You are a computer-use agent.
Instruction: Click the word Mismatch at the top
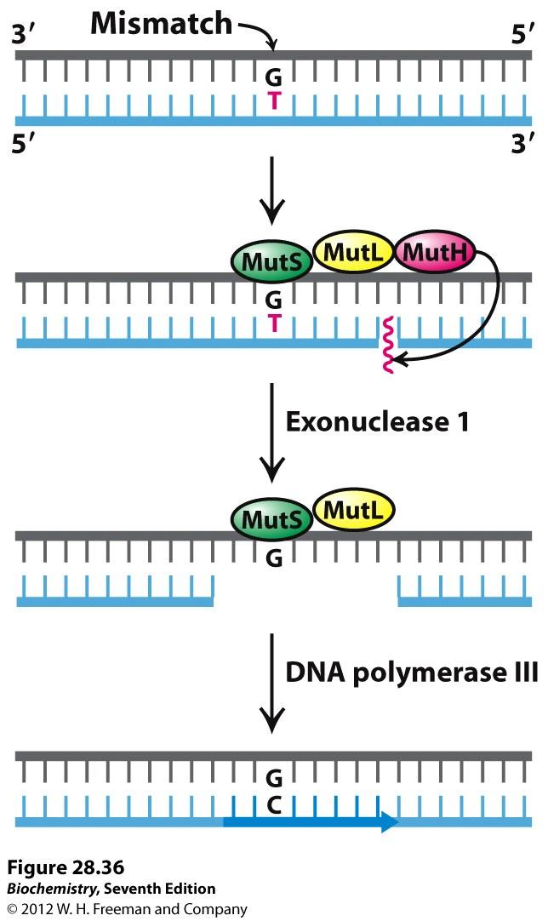coord(162,24)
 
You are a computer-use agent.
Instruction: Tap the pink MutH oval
coord(435,253)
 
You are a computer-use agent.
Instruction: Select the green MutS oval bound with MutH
coord(272,261)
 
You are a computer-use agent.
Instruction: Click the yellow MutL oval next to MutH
coord(353,252)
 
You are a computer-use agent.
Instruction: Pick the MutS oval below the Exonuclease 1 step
coord(272,519)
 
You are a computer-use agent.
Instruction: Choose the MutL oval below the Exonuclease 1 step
coord(353,510)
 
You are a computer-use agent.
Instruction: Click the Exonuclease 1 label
coord(377,422)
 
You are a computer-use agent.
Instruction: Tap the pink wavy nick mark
coord(388,346)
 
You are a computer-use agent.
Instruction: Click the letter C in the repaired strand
coord(274,806)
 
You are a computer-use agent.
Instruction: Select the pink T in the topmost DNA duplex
coord(274,101)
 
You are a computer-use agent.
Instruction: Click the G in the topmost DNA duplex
coord(274,77)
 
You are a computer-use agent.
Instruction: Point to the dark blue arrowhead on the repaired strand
coord(390,821)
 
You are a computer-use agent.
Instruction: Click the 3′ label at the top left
coord(24,35)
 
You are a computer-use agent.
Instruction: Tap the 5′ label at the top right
coord(523,35)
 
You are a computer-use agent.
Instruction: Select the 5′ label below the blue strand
coord(24,143)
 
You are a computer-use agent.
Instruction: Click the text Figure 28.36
coord(66,867)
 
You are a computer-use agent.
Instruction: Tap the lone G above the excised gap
coord(274,558)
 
